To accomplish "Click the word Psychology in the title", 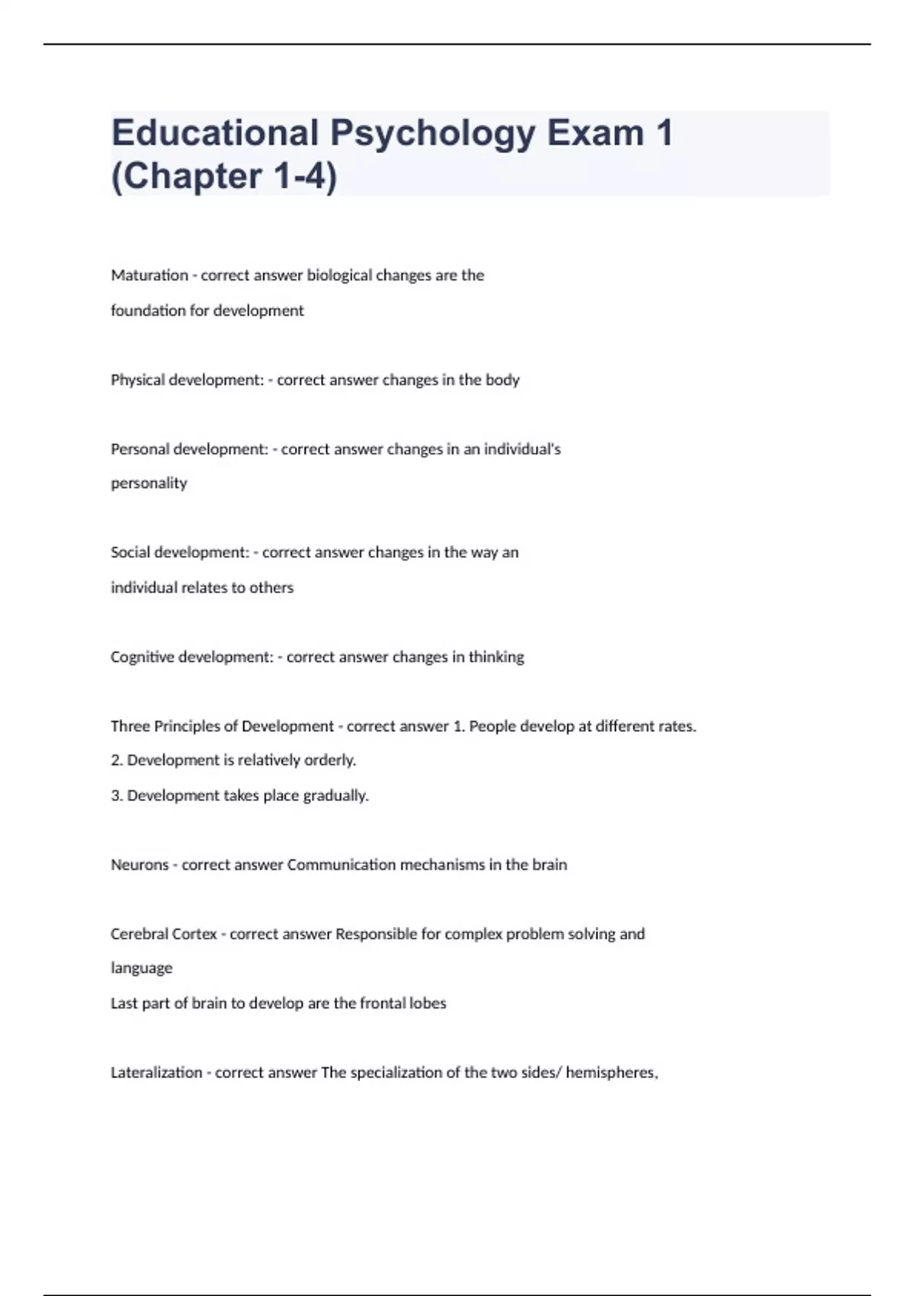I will pyautogui.click(x=432, y=134).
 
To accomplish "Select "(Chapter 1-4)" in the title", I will pyautogui.click(x=223, y=177).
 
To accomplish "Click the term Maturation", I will pyautogui.click(x=149, y=275).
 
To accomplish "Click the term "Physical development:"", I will pyautogui.click(x=187, y=380).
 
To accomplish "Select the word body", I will pyautogui.click(x=502, y=380).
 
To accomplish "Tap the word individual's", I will pyautogui.click(x=522, y=449).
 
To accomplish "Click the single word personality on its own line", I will pyautogui.click(x=149, y=483).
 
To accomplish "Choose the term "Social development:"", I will pyautogui.click(x=179, y=552).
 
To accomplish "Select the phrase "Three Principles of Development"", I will pyautogui.click(x=222, y=727).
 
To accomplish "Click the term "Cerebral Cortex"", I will pyautogui.click(x=163, y=934).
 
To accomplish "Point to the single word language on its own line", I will pyautogui.click(x=141, y=968).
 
